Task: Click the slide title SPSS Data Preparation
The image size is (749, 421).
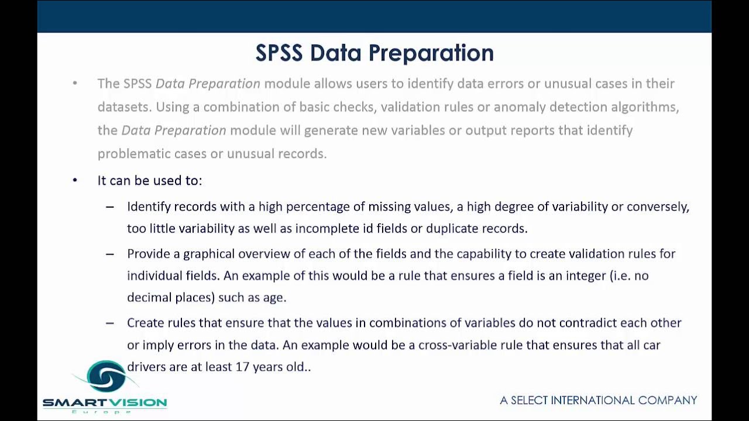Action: [374, 53]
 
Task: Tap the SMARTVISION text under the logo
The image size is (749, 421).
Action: [105, 402]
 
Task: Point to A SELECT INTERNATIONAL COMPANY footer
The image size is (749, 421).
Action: [598, 401]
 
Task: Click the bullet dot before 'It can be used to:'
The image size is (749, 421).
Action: [75, 180]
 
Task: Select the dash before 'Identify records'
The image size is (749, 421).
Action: [110, 207]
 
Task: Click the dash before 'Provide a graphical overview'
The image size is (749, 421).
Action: [110, 254]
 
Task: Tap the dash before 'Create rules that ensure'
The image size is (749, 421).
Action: [110, 323]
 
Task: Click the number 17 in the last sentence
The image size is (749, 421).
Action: [242, 367]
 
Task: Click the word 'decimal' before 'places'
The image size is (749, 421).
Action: [149, 298]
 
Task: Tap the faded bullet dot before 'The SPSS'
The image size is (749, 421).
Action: [75, 83]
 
